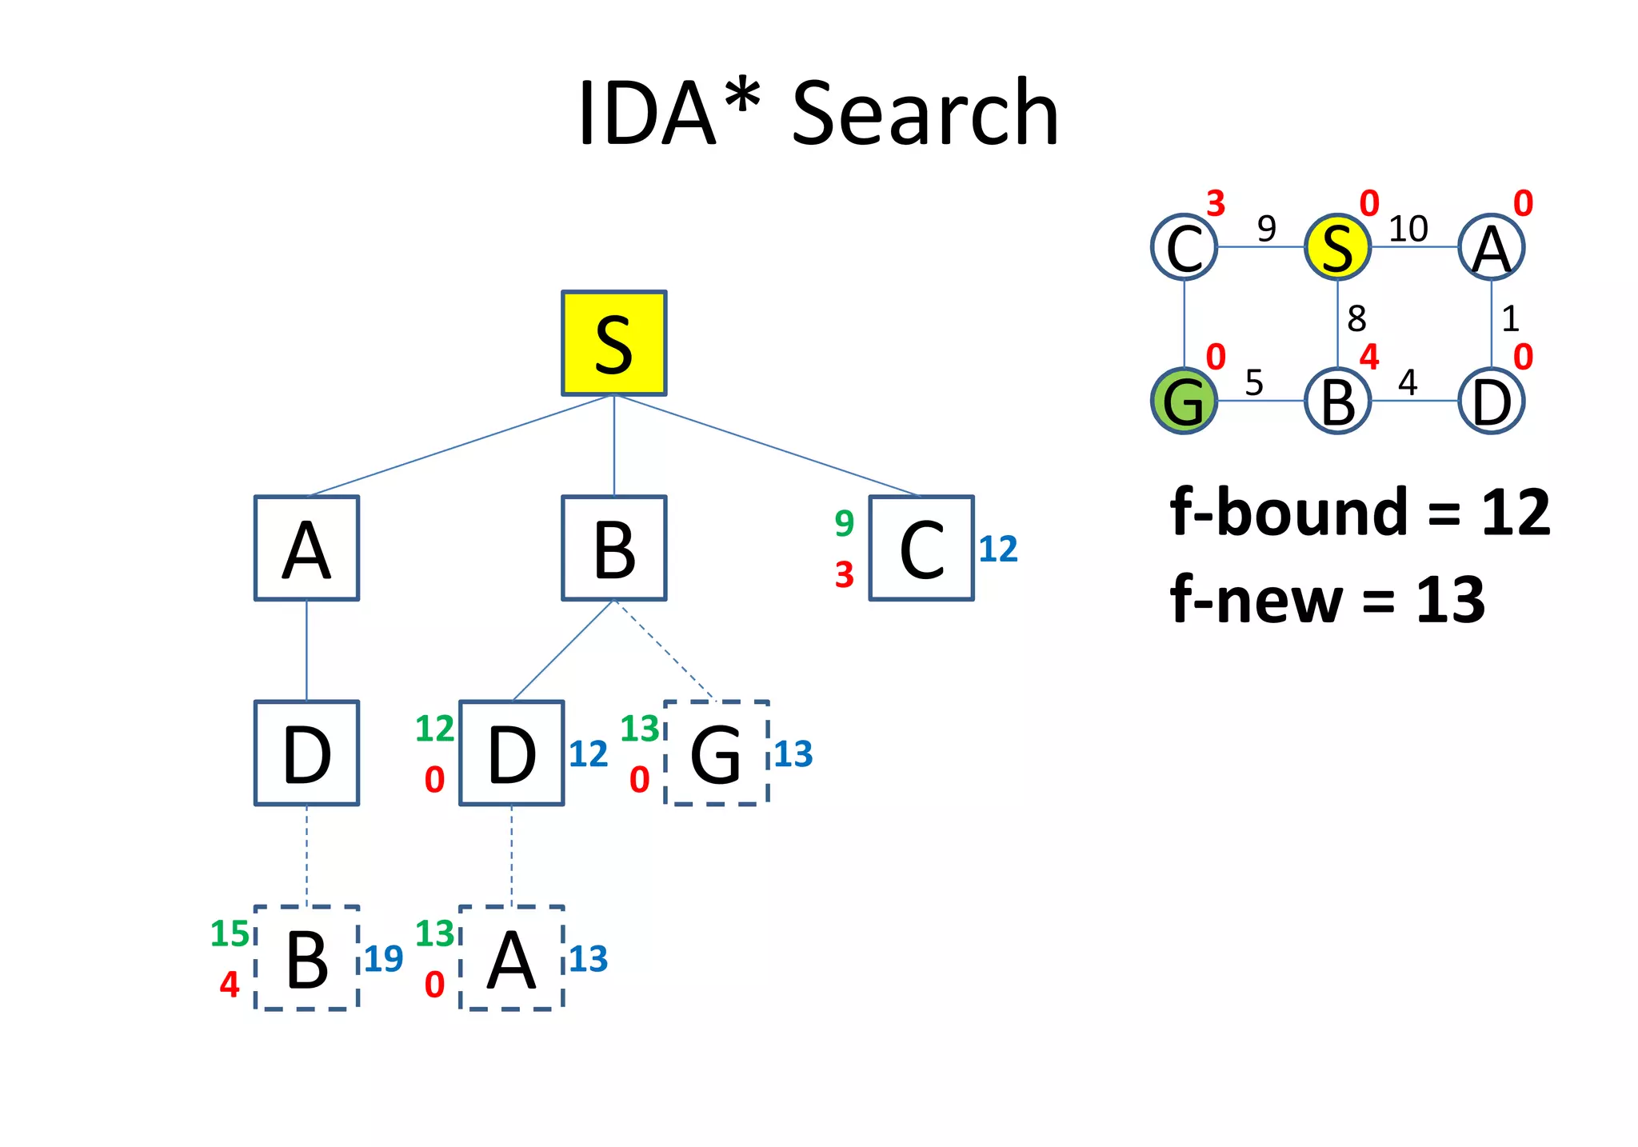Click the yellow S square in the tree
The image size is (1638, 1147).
click(x=613, y=343)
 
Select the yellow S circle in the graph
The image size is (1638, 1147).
click(x=1337, y=247)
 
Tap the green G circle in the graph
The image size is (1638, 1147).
click(x=1184, y=401)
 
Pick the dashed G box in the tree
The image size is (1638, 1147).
click(x=716, y=753)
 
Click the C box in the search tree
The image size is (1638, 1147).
click(x=921, y=548)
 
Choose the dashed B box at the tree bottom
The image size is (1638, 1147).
click(x=306, y=958)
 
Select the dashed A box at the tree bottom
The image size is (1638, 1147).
click(x=512, y=958)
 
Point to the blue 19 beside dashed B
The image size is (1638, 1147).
click(x=383, y=959)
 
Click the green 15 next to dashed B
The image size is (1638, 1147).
click(x=230, y=933)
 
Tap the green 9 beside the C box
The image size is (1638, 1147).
click(x=844, y=523)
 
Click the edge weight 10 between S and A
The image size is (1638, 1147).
click(x=1408, y=230)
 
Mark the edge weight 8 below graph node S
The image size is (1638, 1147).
click(x=1356, y=319)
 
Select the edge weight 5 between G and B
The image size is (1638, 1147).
click(x=1254, y=383)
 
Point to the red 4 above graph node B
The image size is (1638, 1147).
click(x=1369, y=357)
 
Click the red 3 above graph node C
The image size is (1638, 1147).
click(x=1216, y=204)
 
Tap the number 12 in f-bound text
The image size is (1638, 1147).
click(x=1515, y=513)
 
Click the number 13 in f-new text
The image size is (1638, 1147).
click(x=1450, y=600)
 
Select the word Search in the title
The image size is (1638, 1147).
click(x=925, y=114)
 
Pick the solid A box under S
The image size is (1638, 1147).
click(x=306, y=548)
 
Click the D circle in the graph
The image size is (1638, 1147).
click(x=1491, y=401)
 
